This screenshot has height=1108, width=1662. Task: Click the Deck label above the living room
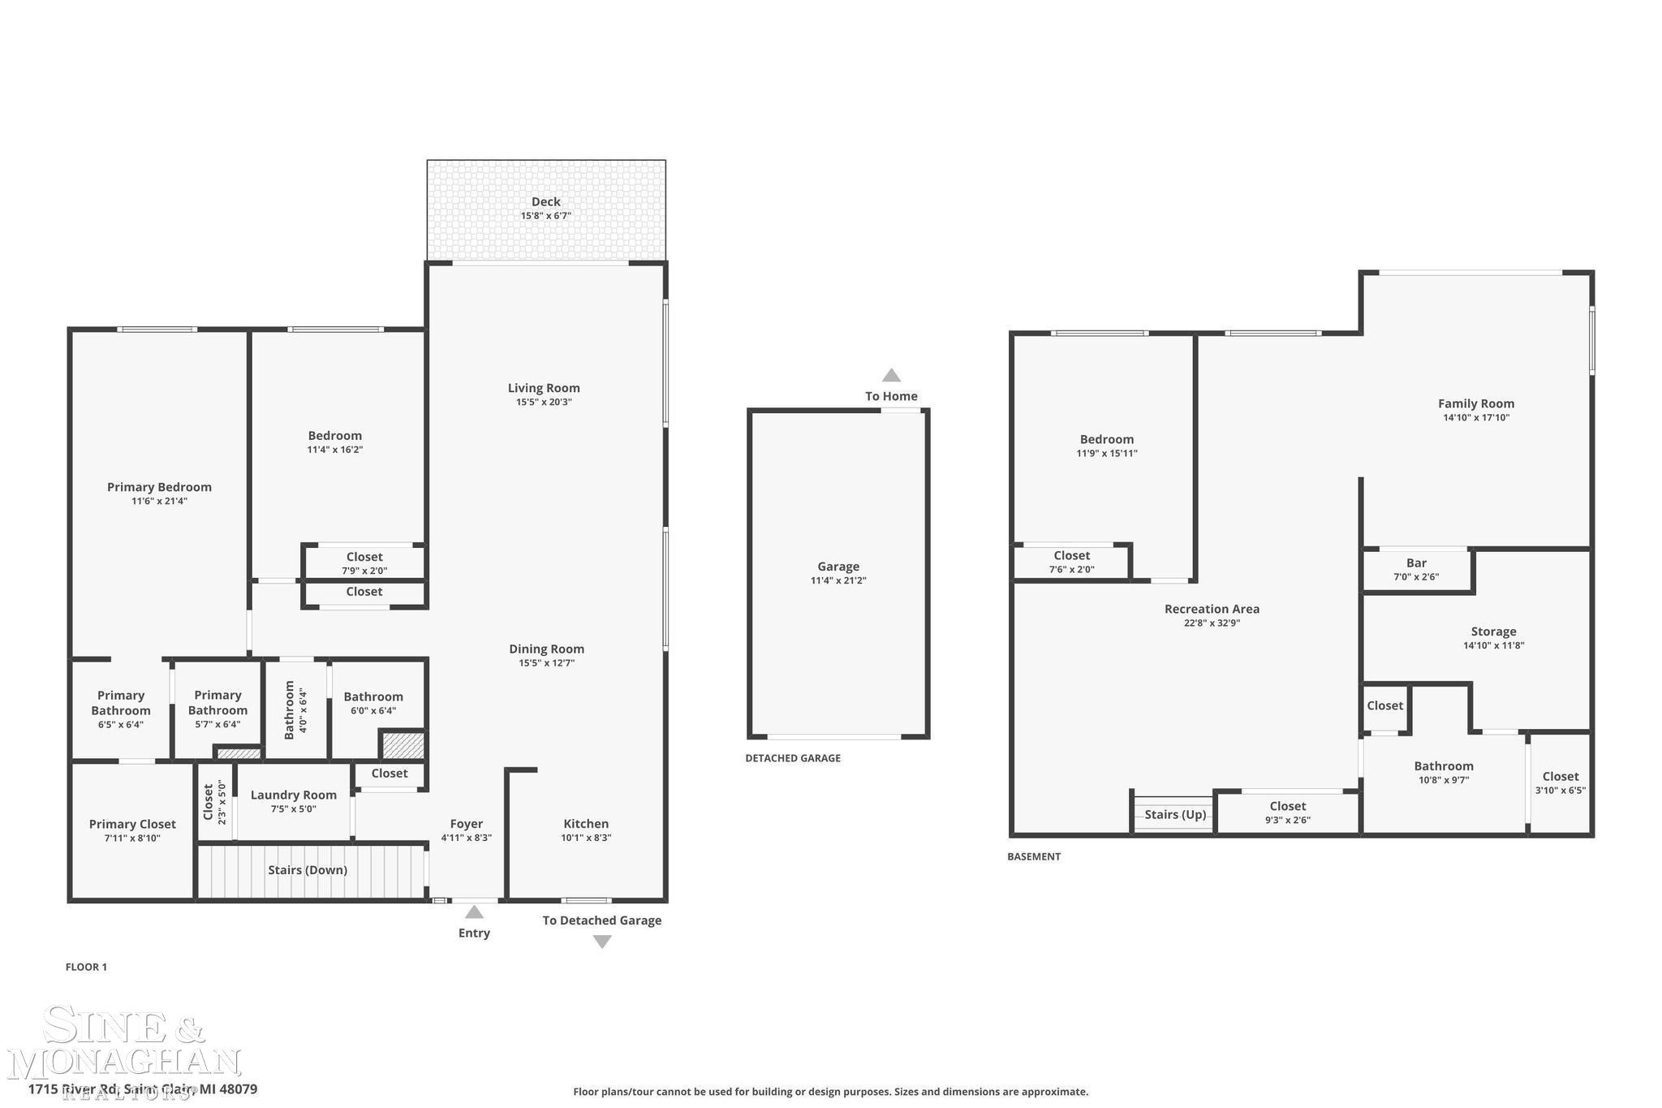point(545,202)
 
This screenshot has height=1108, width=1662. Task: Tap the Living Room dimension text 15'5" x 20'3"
point(544,402)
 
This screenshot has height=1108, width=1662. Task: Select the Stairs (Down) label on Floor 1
point(308,870)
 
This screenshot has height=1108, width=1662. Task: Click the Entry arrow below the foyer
point(474,912)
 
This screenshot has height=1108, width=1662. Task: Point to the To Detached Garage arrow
point(601,942)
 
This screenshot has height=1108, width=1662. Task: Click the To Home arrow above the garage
point(891,375)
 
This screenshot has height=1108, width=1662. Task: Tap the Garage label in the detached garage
point(838,567)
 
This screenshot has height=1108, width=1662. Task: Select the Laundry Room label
point(293,795)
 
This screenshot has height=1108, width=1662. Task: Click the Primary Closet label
point(132,824)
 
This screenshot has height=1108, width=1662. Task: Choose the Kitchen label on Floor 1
point(586,824)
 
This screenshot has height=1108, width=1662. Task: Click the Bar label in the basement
point(1416,563)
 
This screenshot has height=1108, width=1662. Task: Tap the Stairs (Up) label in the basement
point(1175,814)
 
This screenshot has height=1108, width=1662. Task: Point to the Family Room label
point(1475,403)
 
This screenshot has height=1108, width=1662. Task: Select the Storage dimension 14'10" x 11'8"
point(1493,645)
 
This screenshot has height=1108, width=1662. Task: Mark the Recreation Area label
point(1212,609)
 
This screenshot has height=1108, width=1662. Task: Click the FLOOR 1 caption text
point(86,967)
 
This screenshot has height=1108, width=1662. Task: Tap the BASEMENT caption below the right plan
point(1034,856)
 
